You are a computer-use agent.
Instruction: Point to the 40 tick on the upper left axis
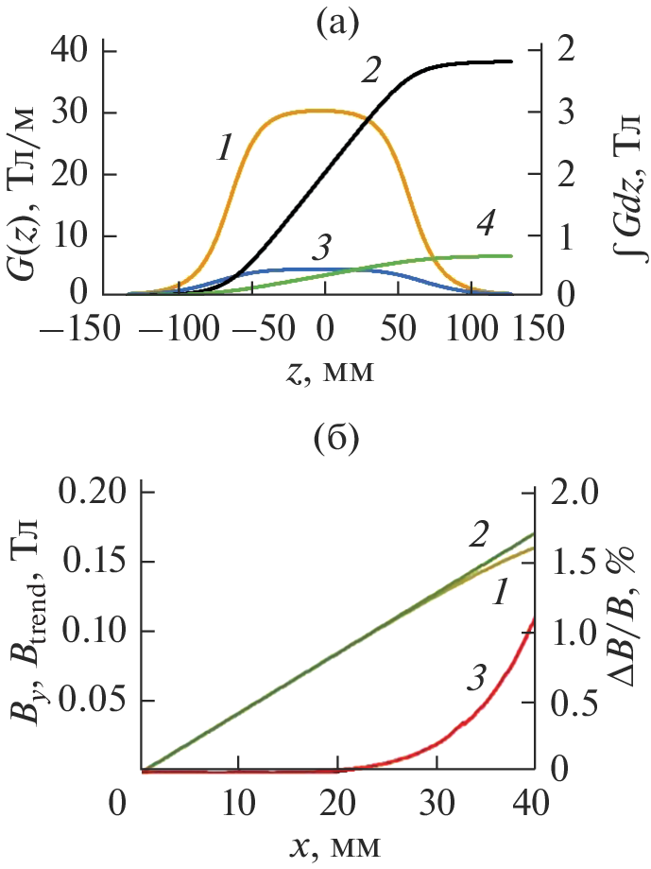[x=73, y=51]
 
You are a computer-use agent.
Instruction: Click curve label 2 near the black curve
[x=371, y=69]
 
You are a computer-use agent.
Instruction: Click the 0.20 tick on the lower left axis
[x=96, y=493]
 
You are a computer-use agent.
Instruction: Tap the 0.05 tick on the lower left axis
[x=96, y=701]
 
